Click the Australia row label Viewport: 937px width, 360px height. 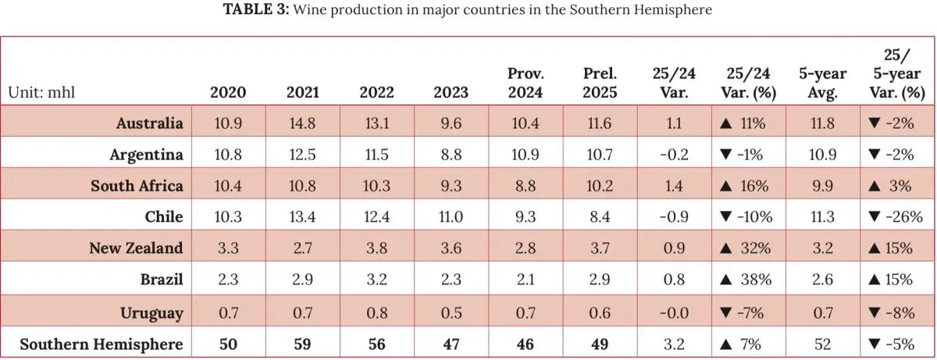(149, 123)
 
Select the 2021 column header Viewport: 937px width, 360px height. (302, 92)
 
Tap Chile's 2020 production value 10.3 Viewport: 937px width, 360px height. (229, 217)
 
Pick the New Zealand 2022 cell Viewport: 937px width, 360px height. (376, 248)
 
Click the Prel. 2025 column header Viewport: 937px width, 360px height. (600, 83)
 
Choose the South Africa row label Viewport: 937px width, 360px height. (137, 186)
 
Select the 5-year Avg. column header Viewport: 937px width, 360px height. (822, 83)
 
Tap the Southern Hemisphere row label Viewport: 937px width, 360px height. (102, 344)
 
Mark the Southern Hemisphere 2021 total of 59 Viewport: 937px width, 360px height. (302, 344)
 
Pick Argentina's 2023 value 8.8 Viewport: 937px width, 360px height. (451, 155)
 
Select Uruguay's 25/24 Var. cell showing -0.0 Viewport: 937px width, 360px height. (673, 312)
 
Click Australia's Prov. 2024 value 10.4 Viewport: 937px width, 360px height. (526, 123)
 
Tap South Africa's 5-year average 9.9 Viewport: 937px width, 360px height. (822, 186)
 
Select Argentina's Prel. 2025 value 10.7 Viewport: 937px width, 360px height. (600, 155)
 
